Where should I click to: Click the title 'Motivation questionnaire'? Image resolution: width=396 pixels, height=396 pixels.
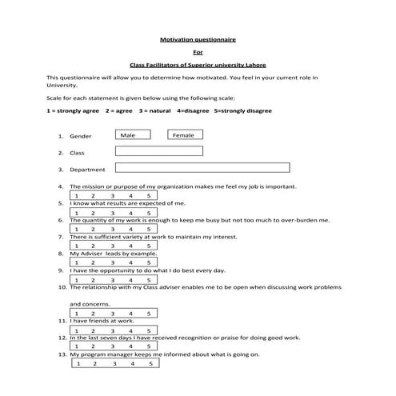pyautogui.click(x=198, y=38)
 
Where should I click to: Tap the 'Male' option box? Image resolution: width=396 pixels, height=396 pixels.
pyautogui.click(x=127, y=135)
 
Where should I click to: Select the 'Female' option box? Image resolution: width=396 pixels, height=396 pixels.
pyautogui.click(x=183, y=135)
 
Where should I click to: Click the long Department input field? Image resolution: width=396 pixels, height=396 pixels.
pyautogui.click(x=202, y=168)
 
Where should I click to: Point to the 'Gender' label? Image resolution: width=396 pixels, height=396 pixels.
pyautogui.click(x=81, y=137)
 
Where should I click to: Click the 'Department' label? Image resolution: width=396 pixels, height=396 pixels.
pyautogui.click(x=88, y=170)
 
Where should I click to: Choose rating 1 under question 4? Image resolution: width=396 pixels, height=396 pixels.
pyautogui.click(x=77, y=195)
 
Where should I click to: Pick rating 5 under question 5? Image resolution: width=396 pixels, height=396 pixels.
pyautogui.click(x=149, y=212)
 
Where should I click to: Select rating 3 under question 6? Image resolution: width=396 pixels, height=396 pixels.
pyautogui.click(x=113, y=229)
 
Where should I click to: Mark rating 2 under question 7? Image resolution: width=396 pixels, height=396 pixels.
pyautogui.click(x=94, y=246)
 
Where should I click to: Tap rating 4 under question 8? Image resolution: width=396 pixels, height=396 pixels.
pyautogui.click(x=131, y=262)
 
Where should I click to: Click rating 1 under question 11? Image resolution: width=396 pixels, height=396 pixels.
pyautogui.click(x=77, y=330)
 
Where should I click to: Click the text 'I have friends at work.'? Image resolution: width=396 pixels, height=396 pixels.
pyautogui.click(x=101, y=321)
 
